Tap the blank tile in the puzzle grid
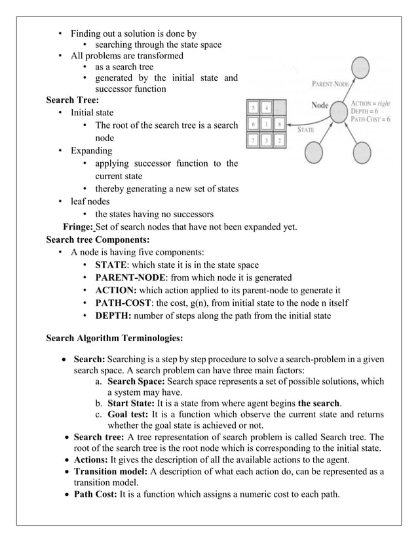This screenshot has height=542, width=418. coord(280,107)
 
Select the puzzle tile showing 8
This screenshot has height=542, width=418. coord(280,123)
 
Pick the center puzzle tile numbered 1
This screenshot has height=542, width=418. coord(266,123)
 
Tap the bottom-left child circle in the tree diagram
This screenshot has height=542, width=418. coord(313,154)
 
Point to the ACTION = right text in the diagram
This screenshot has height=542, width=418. coord(371,103)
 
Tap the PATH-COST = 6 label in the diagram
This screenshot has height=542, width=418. coord(371,119)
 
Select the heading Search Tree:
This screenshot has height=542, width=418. coord(72,100)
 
